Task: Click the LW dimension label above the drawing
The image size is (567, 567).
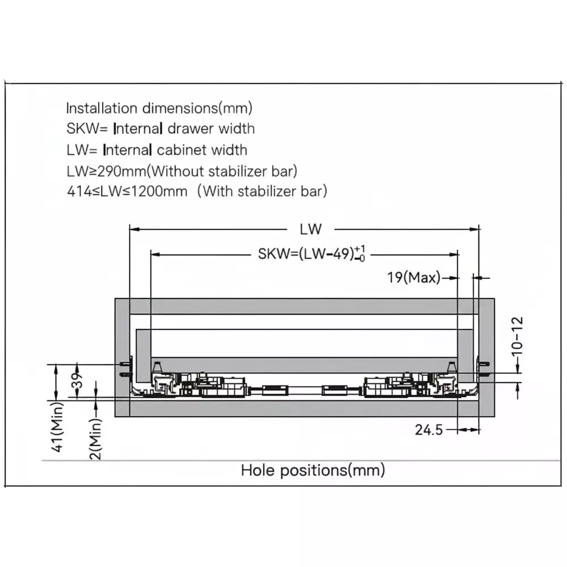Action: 311,229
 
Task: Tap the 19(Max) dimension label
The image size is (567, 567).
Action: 414,277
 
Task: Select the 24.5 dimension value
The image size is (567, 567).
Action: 429,430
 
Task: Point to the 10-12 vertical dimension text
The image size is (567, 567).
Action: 518,336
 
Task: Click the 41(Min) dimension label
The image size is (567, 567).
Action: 58,427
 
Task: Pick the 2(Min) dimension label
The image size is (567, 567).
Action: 95,439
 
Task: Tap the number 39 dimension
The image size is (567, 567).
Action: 77,380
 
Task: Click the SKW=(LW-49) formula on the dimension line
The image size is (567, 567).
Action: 311,253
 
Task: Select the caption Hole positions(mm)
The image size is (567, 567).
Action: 313,470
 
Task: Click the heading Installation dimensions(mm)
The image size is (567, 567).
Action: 159,108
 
